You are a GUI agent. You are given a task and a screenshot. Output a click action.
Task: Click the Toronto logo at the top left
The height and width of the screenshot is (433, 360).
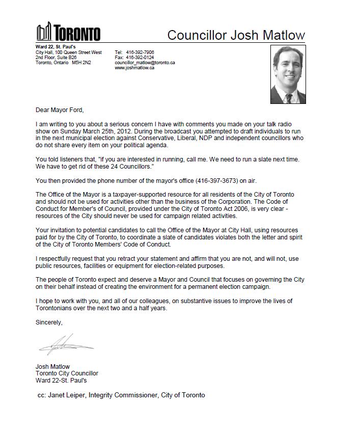coord(68,33)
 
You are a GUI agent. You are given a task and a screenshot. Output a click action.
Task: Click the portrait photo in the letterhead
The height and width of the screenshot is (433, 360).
coord(288,74)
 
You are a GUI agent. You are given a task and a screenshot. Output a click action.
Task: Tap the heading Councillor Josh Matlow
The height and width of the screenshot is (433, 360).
coord(236,35)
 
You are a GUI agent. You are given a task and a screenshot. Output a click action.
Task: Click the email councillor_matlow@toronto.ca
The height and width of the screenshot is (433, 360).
coord(145,63)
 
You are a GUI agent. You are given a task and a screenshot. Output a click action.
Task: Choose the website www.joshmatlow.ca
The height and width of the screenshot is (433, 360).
coord(134,68)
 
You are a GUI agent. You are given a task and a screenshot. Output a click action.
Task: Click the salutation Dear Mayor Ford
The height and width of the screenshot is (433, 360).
coord(60,110)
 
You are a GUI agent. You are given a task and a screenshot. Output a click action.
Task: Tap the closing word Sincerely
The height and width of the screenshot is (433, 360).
coord(49,322)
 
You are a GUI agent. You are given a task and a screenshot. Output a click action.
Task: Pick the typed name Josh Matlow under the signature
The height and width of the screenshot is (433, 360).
coord(52,367)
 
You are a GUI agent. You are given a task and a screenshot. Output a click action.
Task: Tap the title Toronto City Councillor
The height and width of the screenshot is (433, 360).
coord(67,373)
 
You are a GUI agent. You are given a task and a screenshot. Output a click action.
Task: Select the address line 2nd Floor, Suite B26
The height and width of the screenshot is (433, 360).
coord(56,58)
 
